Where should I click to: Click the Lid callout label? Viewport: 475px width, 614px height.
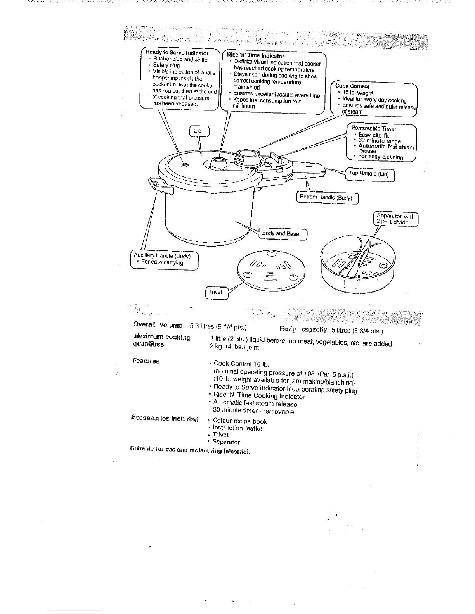tap(199, 131)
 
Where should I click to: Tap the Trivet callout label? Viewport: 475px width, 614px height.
tap(215, 292)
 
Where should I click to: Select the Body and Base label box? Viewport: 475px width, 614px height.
tap(281, 233)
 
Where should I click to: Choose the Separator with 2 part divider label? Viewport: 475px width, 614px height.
tap(395, 219)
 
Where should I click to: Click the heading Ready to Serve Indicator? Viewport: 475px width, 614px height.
tap(177, 53)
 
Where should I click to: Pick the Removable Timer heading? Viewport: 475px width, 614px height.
tap(374, 128)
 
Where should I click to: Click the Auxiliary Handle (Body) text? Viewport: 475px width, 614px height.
tap(162, 256)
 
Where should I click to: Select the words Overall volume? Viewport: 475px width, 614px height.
tap(158, 324)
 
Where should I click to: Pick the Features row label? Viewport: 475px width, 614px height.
tap(146, 361)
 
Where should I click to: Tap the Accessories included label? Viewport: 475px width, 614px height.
tap(164, 418)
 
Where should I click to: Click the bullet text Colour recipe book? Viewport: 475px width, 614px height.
tap(239, 421)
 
